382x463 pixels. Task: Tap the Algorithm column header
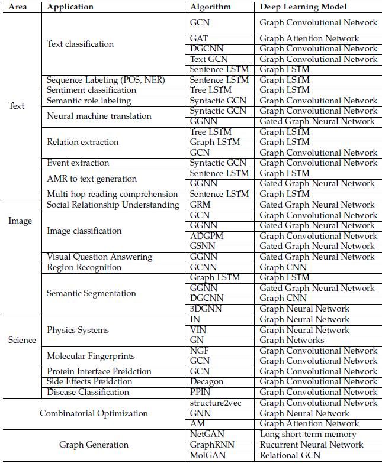[210, 7]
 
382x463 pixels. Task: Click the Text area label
[17, 106]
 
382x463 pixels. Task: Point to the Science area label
[22, 340]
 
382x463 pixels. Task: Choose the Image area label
[20, 221]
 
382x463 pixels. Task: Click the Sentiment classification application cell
[91, 90]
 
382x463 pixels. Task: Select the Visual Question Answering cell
[99, 257]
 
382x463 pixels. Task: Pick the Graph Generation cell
[94, 445]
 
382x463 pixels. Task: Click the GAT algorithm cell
[199, 38]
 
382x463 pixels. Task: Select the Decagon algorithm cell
[207, 381]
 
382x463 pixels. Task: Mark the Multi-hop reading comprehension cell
[112, 194]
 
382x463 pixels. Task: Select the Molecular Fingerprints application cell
[91, 356]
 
